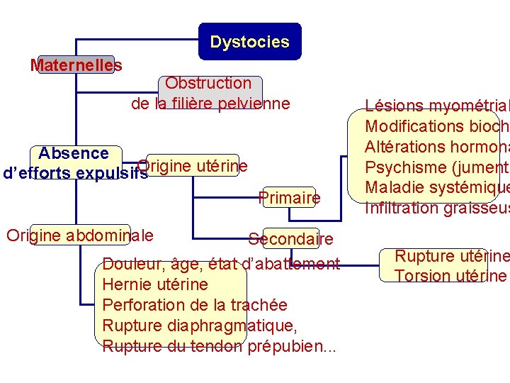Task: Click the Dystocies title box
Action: click(x=249, y=42)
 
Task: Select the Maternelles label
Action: click(x=76, y=65)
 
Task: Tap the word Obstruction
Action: click(x=208, y=84)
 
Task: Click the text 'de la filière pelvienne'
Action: click(x=210, y=104)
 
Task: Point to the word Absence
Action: click(x=74, y=153)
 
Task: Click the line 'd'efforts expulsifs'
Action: click(x=75, y=173)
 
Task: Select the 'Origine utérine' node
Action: click(x=193, y=166)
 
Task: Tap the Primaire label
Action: click(x=290, y=198)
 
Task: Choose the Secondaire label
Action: click(x=290, y=239)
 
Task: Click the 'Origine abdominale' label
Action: click(x=79, y=235)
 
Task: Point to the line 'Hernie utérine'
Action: click(x=155, y=284)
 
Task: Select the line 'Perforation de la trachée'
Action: click(x=195, y=305)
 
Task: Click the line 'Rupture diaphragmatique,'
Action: click(x=200, y=326)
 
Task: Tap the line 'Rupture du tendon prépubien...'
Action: click(x=220, y=347)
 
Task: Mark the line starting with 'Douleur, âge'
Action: click(x=221, y=264)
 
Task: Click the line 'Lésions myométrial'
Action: click(x=436, y=106)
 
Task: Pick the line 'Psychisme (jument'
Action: click(x=436, y=167)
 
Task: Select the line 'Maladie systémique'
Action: click(x=436, y=188)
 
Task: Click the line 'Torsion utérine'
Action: click(x=450, y=276)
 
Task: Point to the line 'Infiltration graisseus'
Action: click(x=436, y=208)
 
